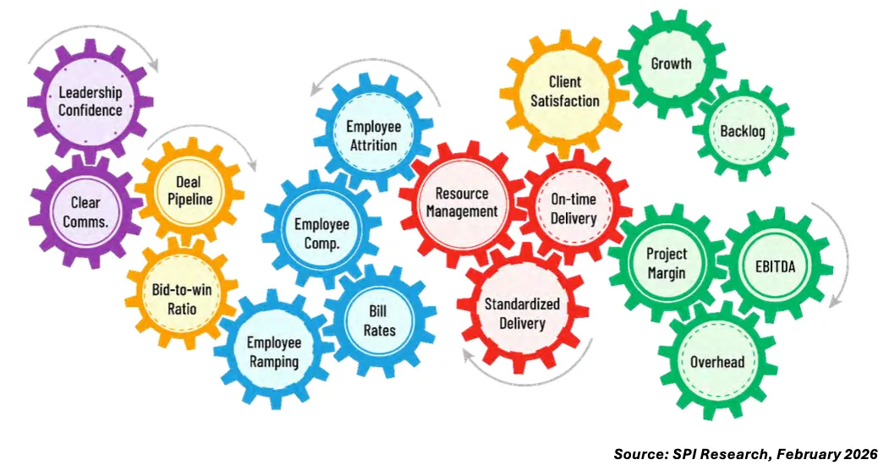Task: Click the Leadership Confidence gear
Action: coord(91,101)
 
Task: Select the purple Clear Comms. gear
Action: coord(85,211)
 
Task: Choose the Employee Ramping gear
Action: coord(272,352)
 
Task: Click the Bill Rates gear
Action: coord(380,320)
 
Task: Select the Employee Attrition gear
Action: coord(373,135)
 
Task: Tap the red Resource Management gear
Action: coord(462,203)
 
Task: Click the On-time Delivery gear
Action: coord(573,209)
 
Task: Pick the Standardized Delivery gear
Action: coord(522,313)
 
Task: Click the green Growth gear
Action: coord(671,63)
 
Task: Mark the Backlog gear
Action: coord(742,131)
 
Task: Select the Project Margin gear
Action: coord(667,263)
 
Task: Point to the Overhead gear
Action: coord(717,362)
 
